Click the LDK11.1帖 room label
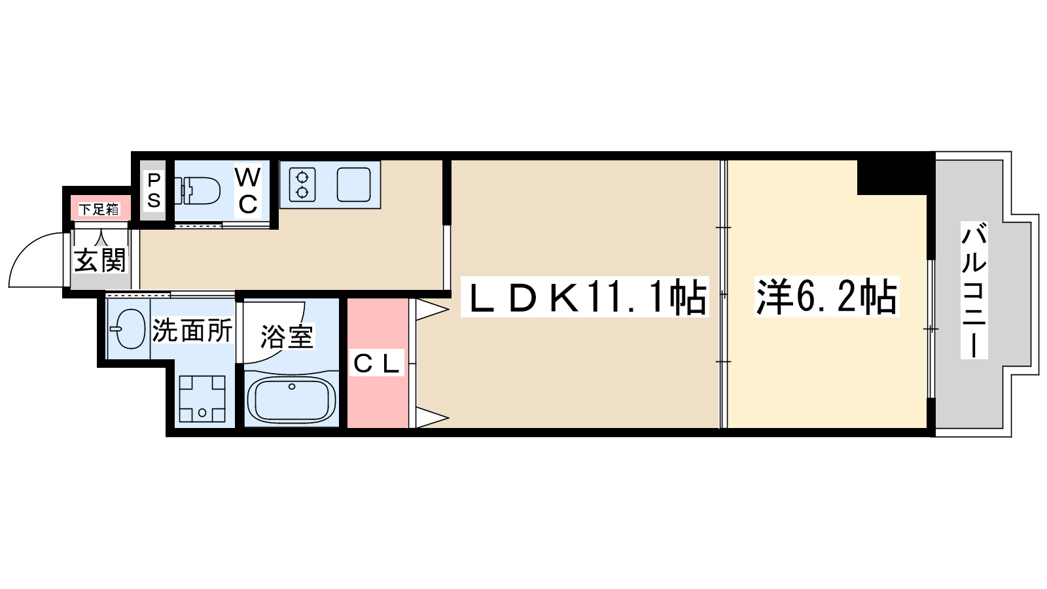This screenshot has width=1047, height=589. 584,298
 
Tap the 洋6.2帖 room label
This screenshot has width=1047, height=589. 826,298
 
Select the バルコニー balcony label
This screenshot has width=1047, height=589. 974,290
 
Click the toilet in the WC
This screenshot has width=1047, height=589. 199,190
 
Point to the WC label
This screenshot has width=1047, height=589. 247,190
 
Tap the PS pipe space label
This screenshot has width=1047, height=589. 154,190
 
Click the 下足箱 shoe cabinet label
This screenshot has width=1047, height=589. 99,209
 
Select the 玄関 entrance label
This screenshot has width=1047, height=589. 99,260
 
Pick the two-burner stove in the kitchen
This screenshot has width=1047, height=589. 302,185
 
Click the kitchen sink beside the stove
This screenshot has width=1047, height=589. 354,185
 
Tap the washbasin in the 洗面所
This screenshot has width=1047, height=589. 128,329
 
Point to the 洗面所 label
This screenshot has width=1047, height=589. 192,330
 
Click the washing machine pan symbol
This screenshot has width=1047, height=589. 202,398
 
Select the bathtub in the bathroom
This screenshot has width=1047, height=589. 292,399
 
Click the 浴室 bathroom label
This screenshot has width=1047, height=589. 287,337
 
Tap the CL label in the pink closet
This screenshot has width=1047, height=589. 376,364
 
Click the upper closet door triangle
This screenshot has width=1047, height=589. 429,309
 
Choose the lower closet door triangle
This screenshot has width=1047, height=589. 429,417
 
